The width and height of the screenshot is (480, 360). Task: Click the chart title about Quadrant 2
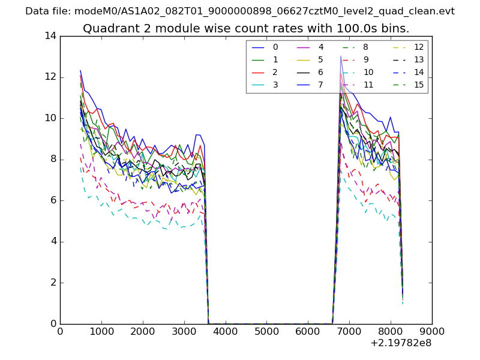246,28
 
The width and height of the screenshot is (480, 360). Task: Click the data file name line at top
240,11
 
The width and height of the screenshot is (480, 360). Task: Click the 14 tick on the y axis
50,36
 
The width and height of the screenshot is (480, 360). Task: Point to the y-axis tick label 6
53,200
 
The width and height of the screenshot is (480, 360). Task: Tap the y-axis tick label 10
50,118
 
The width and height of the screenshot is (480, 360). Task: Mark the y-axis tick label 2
53,283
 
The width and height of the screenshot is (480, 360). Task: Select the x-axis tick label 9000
432,331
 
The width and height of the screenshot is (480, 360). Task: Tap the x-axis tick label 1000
101,331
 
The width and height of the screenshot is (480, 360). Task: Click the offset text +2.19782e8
401,343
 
